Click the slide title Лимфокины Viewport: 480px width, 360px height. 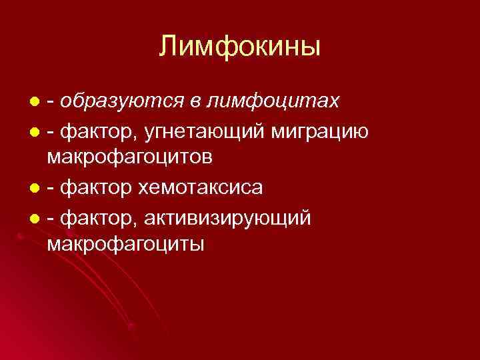(240, 47)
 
